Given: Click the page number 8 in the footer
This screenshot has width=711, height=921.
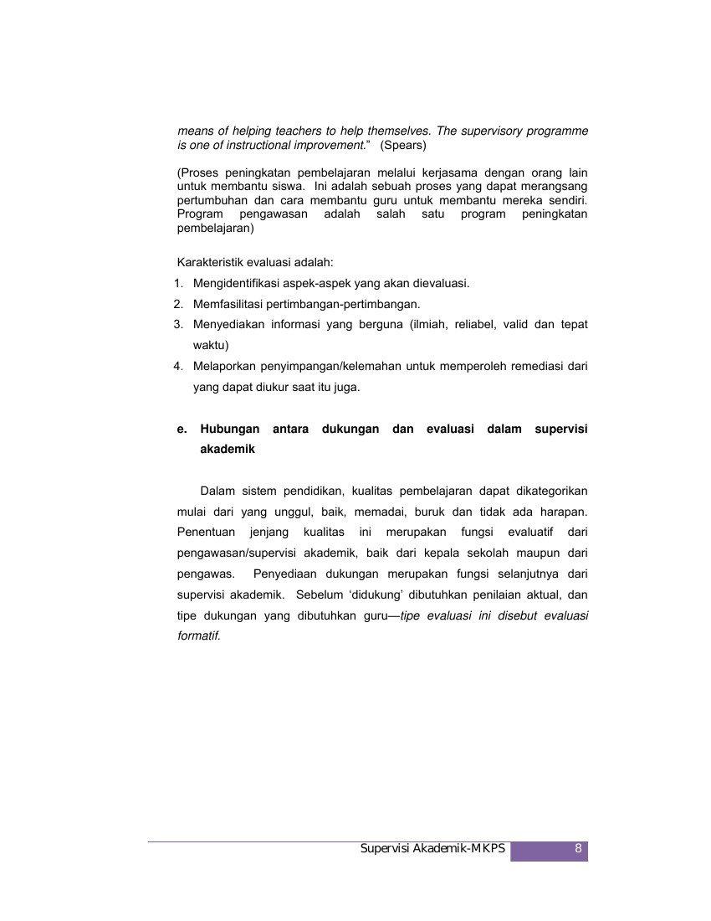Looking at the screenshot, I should click(578, 849).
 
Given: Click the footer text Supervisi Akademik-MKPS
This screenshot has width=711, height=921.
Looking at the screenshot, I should click(432, 849).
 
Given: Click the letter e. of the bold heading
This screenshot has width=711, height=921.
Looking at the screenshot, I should click(182, 430).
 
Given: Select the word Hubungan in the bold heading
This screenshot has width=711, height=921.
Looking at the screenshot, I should click(230, 430).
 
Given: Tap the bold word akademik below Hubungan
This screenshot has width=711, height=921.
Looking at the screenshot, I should click(228, 450).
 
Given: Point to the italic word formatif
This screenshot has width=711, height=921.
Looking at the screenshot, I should click(198, 635).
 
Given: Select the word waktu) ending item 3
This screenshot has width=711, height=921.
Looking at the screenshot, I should click(211, 344).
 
